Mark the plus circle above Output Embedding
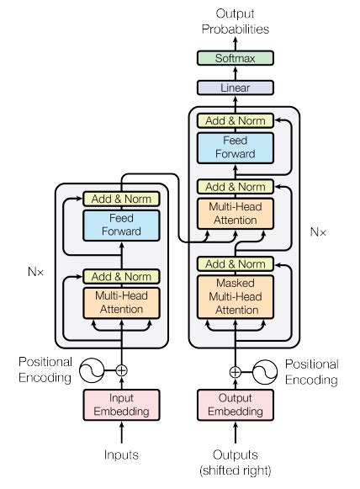click(x=235, y=370)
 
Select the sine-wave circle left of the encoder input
click(x=91, y=369)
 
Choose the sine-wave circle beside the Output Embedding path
click(x=267, y=370)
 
